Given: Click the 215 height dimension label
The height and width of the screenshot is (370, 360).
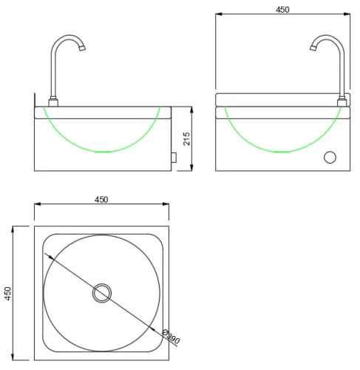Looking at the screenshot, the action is pos(186,138).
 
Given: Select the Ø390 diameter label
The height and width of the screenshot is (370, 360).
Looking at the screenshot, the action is pos(171,337).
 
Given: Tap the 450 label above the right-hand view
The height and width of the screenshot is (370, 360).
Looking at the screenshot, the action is pos(282,10).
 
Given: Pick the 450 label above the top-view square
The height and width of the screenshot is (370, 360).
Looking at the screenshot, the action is pos(101,199).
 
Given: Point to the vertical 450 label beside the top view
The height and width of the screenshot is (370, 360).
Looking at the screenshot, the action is pos(8,293).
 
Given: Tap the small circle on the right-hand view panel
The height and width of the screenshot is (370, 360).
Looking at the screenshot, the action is pos(330,157).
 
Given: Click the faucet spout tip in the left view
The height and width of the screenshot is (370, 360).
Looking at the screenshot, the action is pos(82,48).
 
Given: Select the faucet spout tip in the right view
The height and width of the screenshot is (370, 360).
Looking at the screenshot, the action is pos(313,48).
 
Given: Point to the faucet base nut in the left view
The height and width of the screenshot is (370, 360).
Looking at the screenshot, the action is pos(53,102).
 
